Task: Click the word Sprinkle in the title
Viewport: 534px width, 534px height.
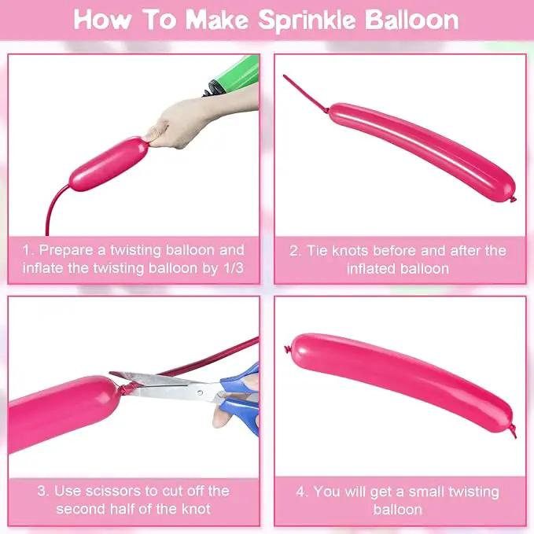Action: point(308,20)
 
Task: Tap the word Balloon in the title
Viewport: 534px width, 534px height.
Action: point(412,20)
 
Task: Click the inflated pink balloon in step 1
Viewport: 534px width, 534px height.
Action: point(109,164)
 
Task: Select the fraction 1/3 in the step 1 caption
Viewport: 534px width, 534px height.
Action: point(234,268)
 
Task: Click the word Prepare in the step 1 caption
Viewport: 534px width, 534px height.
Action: point(66,251)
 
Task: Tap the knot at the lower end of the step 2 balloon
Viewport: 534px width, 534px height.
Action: point(513,199)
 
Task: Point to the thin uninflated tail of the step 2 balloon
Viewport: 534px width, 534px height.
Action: point(305,94)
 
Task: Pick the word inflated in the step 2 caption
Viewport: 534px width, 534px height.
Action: point(371,269)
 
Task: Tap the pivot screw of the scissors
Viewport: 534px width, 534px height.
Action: point(200,392)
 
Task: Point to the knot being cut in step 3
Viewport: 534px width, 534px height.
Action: point(127,389)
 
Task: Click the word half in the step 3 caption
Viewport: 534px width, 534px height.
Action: point(120,509)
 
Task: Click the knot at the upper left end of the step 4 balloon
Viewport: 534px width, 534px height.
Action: point(288,349)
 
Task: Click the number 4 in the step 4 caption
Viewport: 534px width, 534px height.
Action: point(300,492)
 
